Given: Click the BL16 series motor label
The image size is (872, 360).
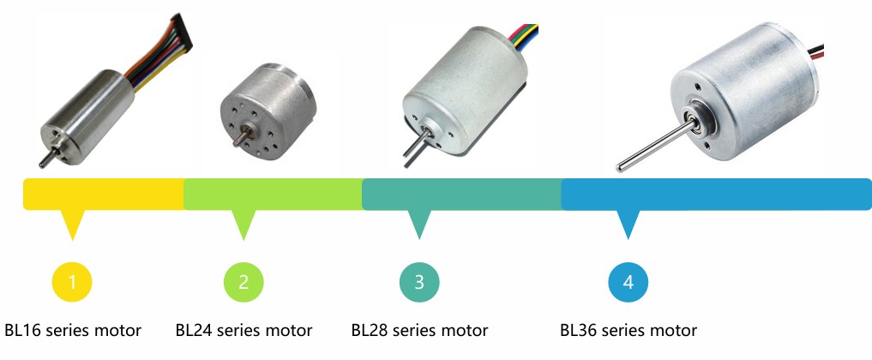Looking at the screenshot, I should (72, 330).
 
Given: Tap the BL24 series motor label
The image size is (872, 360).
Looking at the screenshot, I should (244, 330).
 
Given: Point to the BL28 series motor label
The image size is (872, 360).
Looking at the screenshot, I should (419, 330).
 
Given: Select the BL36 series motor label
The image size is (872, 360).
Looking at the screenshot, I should (628, 330).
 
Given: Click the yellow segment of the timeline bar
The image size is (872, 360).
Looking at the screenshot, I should (103, 195).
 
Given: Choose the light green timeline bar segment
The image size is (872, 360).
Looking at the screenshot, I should (273, 195).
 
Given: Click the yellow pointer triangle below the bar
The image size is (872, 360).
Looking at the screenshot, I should (73, 224).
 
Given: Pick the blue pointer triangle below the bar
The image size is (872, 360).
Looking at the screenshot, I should (628, 224).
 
